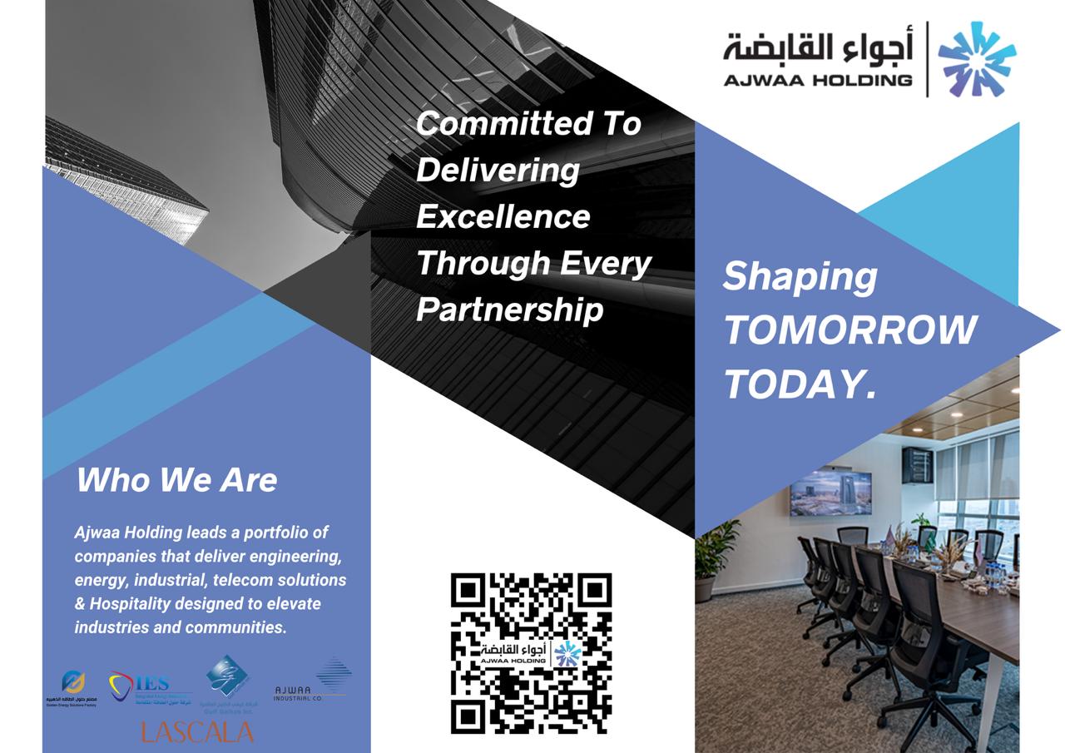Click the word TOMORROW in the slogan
[x=849, y=330]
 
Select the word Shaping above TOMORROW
[x=800, y=277]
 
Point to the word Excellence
[x=503, y=216]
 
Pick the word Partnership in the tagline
[x=509, y=310]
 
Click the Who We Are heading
[x=176, y=480]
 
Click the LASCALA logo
[x=197, y=732]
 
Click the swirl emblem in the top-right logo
[x=976, y=59]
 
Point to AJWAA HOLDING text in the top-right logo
[x=817, y=81]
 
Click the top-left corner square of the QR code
[x=468, y=590]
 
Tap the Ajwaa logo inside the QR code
[x=531, y=653]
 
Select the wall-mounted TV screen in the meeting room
[x=830, y=492]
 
